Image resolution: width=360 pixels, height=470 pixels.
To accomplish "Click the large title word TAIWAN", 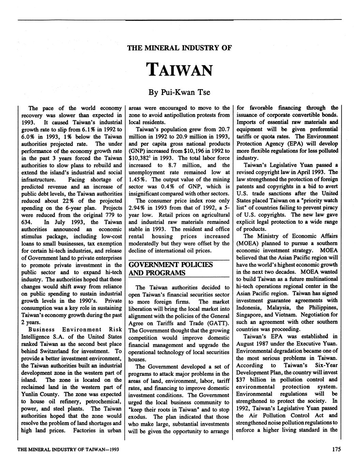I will [180, 69].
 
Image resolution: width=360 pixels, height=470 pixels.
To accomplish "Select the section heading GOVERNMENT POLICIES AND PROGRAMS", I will [171, 269].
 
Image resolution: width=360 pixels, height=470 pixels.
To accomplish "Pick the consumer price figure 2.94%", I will [137, 208].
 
